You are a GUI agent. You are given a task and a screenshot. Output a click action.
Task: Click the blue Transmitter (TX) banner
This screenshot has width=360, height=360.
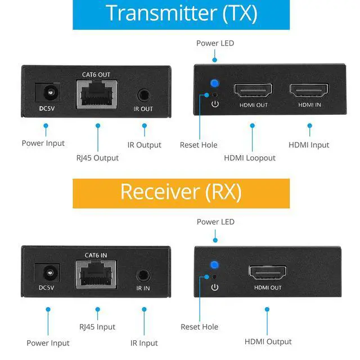click(181, 15)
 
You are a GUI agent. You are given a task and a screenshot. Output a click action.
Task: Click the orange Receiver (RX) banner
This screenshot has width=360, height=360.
click(181, 193)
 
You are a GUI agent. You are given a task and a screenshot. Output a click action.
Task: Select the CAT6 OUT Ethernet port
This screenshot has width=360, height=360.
click(97, 94)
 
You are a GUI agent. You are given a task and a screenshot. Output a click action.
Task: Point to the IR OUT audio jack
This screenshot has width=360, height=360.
click(144, 95)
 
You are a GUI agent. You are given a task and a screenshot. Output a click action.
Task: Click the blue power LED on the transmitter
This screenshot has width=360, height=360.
click(215, 83)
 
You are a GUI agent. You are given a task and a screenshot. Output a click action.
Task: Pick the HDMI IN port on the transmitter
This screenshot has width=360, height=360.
click(309, 90)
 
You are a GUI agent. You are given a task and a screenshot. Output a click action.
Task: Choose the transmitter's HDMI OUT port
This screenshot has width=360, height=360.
click(253, 90)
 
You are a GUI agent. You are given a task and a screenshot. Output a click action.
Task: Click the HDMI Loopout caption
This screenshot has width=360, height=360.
click(250, 158)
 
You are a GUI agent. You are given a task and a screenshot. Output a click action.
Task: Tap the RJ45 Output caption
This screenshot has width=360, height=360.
click(97, 158)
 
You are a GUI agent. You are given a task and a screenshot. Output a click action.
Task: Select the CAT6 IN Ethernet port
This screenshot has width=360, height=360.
click(96, 274)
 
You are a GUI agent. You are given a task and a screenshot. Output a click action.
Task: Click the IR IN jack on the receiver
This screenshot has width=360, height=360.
click(143, 275)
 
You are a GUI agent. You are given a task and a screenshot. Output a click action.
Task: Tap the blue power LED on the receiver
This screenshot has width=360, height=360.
click(214, 265)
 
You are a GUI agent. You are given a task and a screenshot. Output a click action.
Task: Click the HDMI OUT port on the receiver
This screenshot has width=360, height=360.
click(268, 272)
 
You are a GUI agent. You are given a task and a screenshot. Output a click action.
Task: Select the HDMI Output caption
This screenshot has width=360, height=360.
click(268, 341)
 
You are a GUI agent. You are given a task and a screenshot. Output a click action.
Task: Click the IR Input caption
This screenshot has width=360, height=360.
click(144, 343)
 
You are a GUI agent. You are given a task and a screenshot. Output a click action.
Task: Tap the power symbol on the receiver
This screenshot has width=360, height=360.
click(215, 287)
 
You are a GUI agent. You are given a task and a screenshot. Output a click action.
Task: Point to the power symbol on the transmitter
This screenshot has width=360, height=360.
click(215, 104)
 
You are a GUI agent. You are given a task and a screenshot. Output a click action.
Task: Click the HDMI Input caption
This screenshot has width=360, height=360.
click(309, 145)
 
